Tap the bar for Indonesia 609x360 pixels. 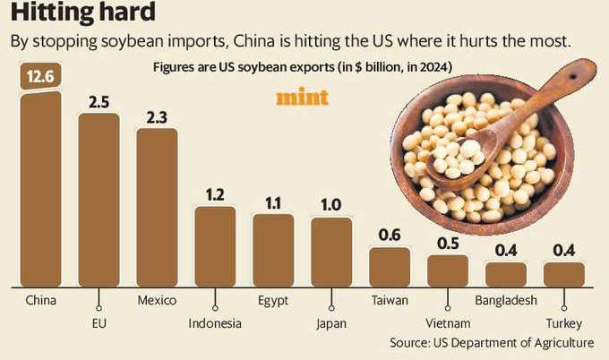coord(215,247)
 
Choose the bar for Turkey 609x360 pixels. coord(564,274)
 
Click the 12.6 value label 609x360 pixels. coord(40,77)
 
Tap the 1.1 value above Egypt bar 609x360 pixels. coord(273,201)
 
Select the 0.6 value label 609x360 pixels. coord(390,236)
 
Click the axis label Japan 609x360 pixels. coord(330,323)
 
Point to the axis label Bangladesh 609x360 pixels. coord(506,300)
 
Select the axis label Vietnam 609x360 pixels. coord(448,323)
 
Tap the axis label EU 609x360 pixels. coord(98,323)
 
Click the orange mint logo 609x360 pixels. coord(303,98)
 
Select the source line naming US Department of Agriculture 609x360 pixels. coord(491,343)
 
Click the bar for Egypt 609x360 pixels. coord(273,250)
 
